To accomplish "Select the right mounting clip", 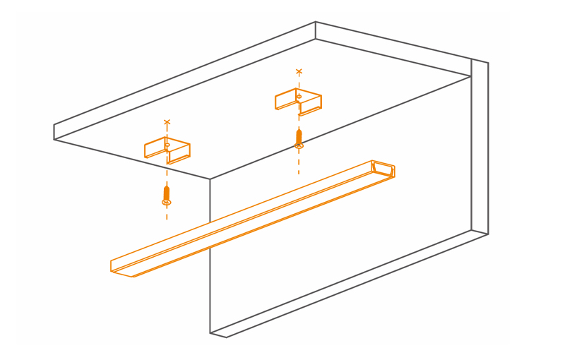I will click(x=299, y=100).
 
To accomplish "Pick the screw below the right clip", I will click(x=299, y=137).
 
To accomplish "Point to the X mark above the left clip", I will click(x=167, y=122).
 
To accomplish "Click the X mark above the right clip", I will click(x=299, y=71).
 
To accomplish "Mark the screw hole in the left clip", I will click(x=167, y=145).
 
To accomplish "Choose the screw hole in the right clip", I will click(x=299, y=96).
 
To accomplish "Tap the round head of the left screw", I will click(x=167, y=203).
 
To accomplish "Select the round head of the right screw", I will click(x=299, y=145).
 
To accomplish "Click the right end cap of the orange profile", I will click(x=383, y=169).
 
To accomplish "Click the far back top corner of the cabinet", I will click(x=316, y=22).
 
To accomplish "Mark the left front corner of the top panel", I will click(x=54, y=132).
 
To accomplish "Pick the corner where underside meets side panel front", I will click(x=210, y=179).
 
